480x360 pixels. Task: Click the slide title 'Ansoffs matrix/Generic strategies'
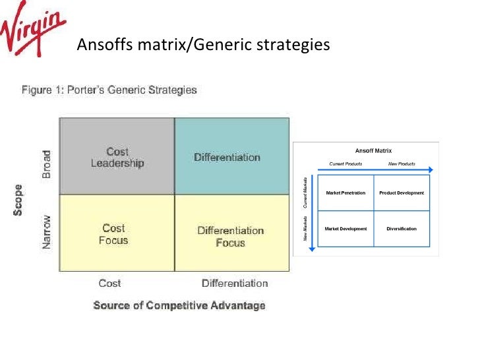click(x=202, y=45)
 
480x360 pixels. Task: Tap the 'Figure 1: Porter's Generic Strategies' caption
click(x=109, y=90)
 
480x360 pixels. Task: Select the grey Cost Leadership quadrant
click(x=117, y=157)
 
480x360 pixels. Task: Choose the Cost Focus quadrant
click(x=113, y=233)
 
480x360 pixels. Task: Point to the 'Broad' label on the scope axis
click(x=46, y=164)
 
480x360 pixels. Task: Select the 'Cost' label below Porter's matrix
click(x=109, y=283)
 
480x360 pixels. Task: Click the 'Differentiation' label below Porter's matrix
click(x=235, y=283)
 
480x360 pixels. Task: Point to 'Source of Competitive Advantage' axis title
click(x=179, y=305)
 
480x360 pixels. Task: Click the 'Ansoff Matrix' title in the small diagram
click(x=373, y=151)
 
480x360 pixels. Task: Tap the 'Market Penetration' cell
click(x=345, y=193)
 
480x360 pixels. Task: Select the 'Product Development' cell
click(x=402, y=193)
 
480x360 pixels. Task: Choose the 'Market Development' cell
click(x=345, y=229)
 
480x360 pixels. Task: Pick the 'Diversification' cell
click(x=402, y=229)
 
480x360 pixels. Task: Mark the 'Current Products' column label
click(x=345, y=164)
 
